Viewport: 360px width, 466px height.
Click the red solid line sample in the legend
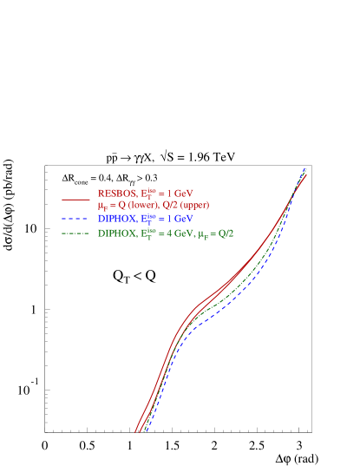click(76, 199)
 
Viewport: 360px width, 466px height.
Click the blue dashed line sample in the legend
click(76, 220)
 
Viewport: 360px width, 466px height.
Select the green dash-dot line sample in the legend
click(76, 234)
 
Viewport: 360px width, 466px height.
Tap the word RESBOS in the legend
click(115, 193)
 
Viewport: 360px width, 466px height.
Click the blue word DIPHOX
click(115, 220)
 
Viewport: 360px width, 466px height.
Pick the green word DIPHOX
click(115, 234)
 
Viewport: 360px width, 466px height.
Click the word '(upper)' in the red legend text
click(194, 205)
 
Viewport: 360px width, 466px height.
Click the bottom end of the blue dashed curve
click(144, 430)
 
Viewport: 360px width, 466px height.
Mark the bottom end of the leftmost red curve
click(135, 430)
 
